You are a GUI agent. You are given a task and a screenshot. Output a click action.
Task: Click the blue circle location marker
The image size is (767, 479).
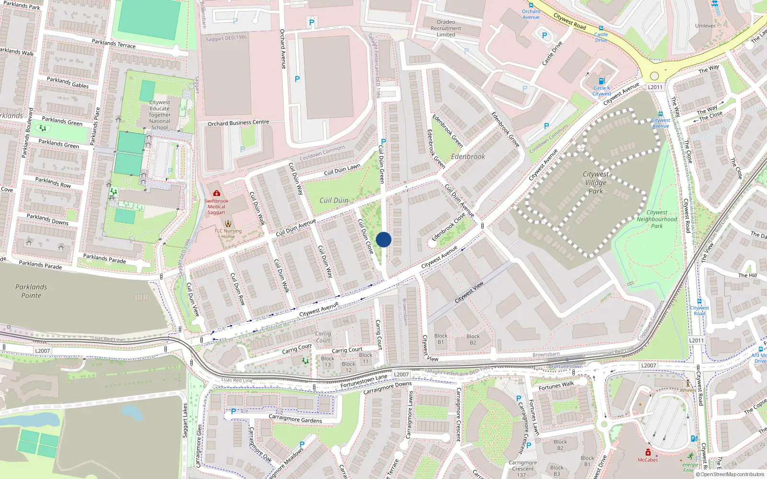click(383, 239)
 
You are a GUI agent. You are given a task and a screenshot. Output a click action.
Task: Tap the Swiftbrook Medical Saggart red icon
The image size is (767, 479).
click(217, 194)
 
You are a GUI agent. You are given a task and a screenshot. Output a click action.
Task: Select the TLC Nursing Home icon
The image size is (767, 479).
click(228, 224)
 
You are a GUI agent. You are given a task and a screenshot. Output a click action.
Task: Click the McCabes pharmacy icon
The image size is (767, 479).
click(648, 453)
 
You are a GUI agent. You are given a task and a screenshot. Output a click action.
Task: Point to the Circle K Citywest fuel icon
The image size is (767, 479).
click(602, 81)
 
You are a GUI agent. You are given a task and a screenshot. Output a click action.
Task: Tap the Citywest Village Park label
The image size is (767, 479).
click(596, 182)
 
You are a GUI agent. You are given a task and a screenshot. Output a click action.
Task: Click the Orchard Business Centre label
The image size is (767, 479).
click(238, 123)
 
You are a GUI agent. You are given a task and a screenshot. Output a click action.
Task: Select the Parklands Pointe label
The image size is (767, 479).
click(31, 291)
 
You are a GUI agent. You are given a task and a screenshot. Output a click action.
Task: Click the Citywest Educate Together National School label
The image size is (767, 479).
click(160, 115)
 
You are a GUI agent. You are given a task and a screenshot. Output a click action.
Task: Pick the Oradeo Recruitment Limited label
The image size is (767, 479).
click(446, 28)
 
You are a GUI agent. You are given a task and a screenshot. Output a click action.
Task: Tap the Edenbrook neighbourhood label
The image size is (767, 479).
click(468, 157)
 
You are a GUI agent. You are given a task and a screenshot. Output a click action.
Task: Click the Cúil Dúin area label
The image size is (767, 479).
click(334, 200)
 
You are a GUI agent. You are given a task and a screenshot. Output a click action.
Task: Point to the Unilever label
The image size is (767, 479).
click(705, 26)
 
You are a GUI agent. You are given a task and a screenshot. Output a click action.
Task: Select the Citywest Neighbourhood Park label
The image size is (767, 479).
click(657, 219)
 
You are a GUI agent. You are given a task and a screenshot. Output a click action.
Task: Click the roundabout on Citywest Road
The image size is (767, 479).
click(654, 76)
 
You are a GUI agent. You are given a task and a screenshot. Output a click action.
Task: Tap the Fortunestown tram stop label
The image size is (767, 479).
click(567, 366)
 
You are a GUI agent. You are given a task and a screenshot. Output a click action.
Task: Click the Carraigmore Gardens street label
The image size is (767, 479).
click(295, 419)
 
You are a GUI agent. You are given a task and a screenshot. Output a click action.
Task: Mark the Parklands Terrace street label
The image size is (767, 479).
click(114, 44)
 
